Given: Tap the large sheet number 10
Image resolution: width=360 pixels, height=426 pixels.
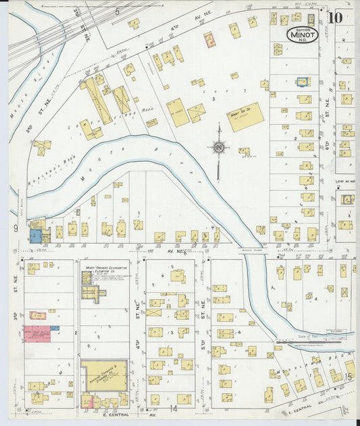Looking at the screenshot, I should tap(335, 16).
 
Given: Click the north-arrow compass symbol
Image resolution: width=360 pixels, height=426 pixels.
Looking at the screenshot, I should tap(219, 146).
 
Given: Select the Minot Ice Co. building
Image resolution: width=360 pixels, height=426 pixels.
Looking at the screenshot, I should tap(245, 117).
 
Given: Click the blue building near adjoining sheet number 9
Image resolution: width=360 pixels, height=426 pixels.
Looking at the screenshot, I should tap(35, 236).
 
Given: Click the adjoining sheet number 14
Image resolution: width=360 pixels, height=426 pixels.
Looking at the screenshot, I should tap(174, 408).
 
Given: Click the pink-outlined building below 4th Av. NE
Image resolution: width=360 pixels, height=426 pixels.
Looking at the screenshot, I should tap(209, 39).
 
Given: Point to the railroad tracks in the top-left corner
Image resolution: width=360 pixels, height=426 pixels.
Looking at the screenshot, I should tap(41, 34).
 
